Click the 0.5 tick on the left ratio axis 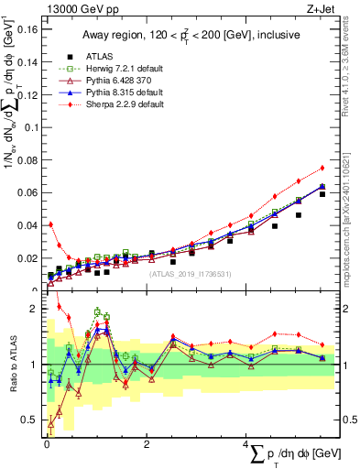click(30, 420)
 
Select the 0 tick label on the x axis click(46, 443)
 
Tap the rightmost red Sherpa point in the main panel click(322, 168)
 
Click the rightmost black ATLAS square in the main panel click(322, 194)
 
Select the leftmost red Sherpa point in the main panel click(50, 224)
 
